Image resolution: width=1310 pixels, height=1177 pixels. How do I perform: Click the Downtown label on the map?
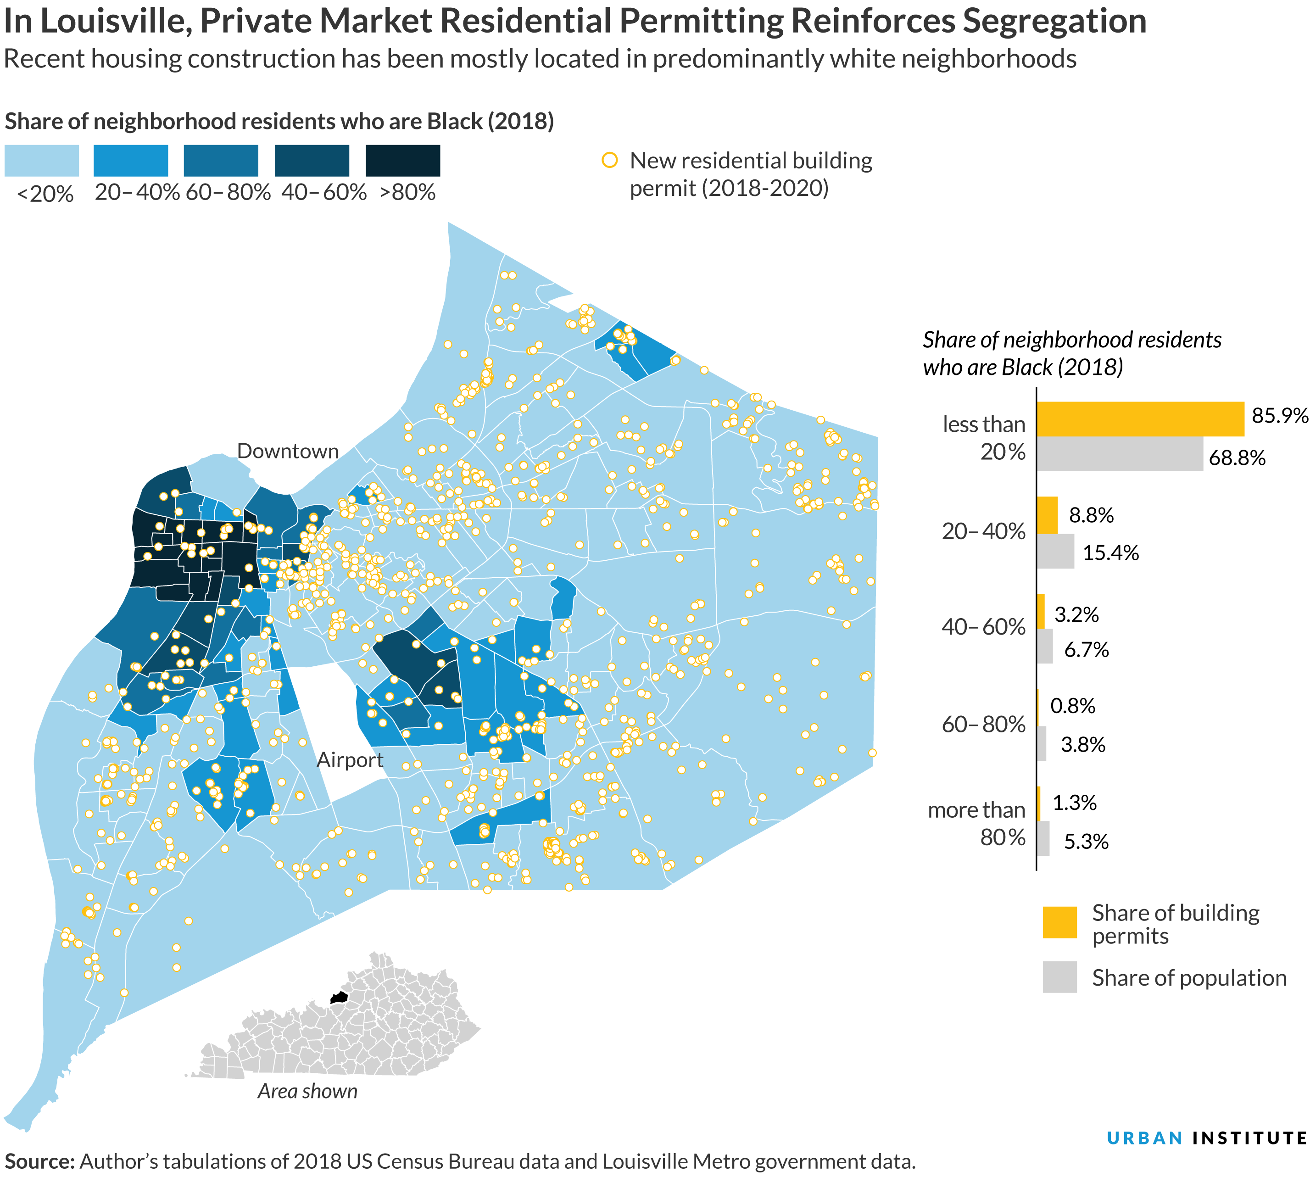(x=288, y=452)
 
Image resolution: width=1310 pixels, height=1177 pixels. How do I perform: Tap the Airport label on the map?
(x=350, y=760)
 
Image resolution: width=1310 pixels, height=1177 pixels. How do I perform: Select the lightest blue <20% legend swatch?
(x=41, y=161)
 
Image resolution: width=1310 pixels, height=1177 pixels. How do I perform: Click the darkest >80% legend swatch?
(x=402, y=161)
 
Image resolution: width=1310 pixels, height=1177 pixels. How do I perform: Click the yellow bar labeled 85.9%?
(x=1139, y=419)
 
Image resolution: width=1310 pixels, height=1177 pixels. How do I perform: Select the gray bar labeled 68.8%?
(x=1119, y=454)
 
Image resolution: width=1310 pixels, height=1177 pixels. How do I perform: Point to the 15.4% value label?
(x=1110, y=553)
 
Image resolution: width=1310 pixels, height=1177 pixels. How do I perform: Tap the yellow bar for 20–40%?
(x=1047, y=515)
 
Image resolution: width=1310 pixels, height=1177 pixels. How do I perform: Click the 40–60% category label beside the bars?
(x=983, y=627)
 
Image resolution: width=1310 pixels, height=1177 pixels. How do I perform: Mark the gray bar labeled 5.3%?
(x=1042, y=839)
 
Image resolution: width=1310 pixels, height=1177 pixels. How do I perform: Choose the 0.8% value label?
(x=1072, y=706)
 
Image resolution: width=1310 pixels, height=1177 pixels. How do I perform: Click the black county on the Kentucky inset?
(x=338, y=998)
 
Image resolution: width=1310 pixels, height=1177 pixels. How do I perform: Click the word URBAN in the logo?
(x=1144, y=1138)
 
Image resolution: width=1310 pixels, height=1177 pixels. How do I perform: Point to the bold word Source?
(x=39, y=1161)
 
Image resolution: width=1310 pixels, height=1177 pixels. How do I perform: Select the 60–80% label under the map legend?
(x=228, y=193)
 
